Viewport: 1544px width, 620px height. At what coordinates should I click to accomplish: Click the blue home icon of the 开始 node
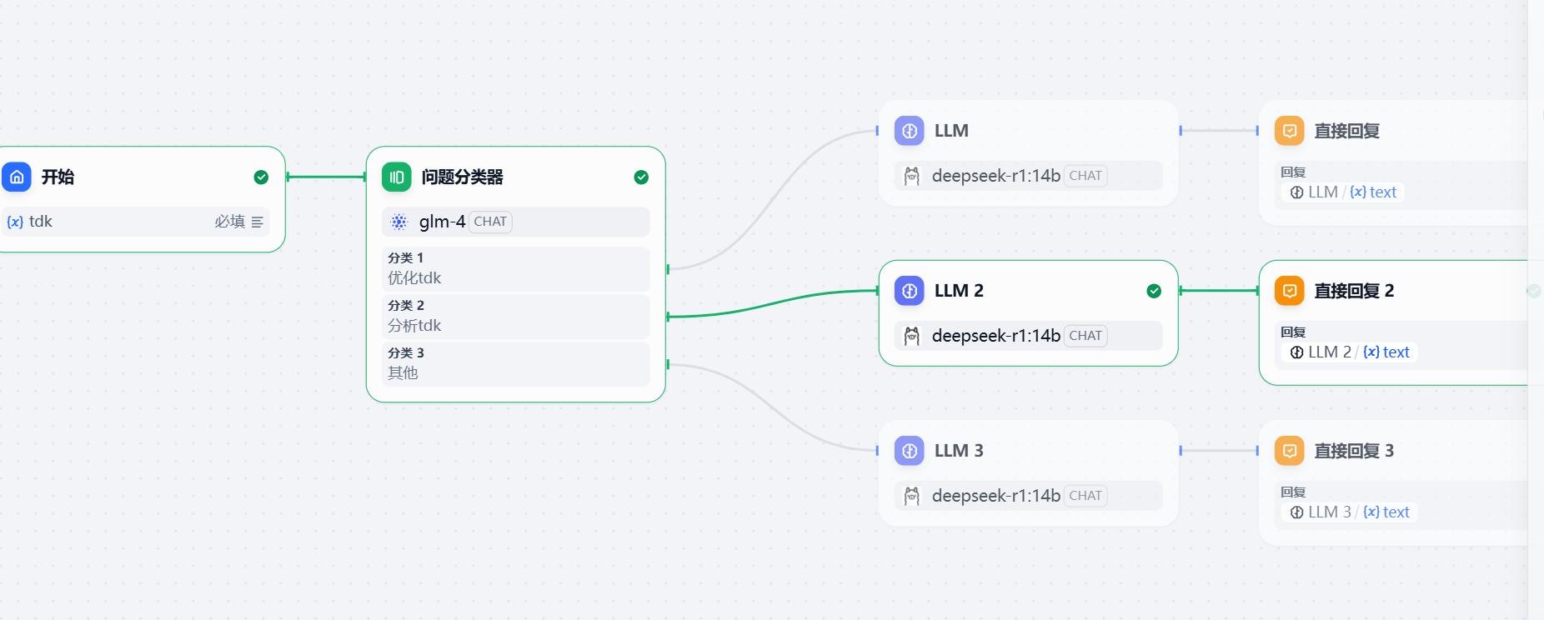click(x=17, y=177)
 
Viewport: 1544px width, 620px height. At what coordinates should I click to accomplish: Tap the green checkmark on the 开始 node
click(x=261, y=177)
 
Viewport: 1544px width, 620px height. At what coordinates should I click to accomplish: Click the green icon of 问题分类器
click(x=397, y=177)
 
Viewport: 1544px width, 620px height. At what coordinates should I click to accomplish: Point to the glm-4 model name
click(x=442, y=222)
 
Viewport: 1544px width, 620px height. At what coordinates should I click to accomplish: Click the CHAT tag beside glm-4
click(x=490, y=222)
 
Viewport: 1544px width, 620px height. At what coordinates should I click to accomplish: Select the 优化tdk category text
click(x=414, y=278)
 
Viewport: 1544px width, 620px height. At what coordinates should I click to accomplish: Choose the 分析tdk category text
click(x=414, y=326)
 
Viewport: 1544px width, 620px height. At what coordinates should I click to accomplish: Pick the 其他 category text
click(x=403, y=373)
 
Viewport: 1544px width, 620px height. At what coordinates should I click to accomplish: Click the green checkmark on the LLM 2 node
click(x=1154, y=291)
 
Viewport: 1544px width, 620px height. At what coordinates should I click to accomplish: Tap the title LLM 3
click(x=959, y=451)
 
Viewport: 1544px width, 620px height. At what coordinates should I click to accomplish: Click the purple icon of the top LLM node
click(x=910, y=131)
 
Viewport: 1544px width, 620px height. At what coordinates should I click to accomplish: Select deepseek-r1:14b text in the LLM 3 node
click(x=996, y=496)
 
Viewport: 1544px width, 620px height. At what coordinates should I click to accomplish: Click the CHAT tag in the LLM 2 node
click(x=1085, y=336)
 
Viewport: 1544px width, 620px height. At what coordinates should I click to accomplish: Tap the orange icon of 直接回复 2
click(x=1290, y=291)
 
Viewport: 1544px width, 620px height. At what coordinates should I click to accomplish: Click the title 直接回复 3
click(x=1354, y=451)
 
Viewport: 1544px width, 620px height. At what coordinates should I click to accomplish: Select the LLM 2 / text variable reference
click(x=1350, y=352)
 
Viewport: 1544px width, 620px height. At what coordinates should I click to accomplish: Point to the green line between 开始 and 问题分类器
click(x=326, y=177)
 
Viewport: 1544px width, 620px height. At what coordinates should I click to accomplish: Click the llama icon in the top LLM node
click(x=912, y=176)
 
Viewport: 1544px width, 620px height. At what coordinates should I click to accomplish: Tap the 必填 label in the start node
click(x=229, y=222)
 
